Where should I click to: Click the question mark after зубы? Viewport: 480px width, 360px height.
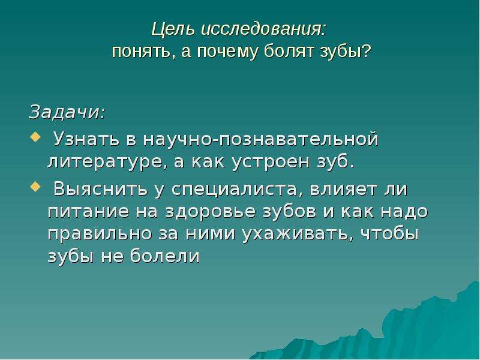[x=367, y=51]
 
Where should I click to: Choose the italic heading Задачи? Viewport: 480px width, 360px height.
[x=67, y=112]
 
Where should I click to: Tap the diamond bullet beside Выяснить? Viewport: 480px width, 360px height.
[x=35, y=187]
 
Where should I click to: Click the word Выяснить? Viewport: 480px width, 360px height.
[x=100, y=189]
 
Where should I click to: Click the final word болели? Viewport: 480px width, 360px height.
[x=165, y=256]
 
